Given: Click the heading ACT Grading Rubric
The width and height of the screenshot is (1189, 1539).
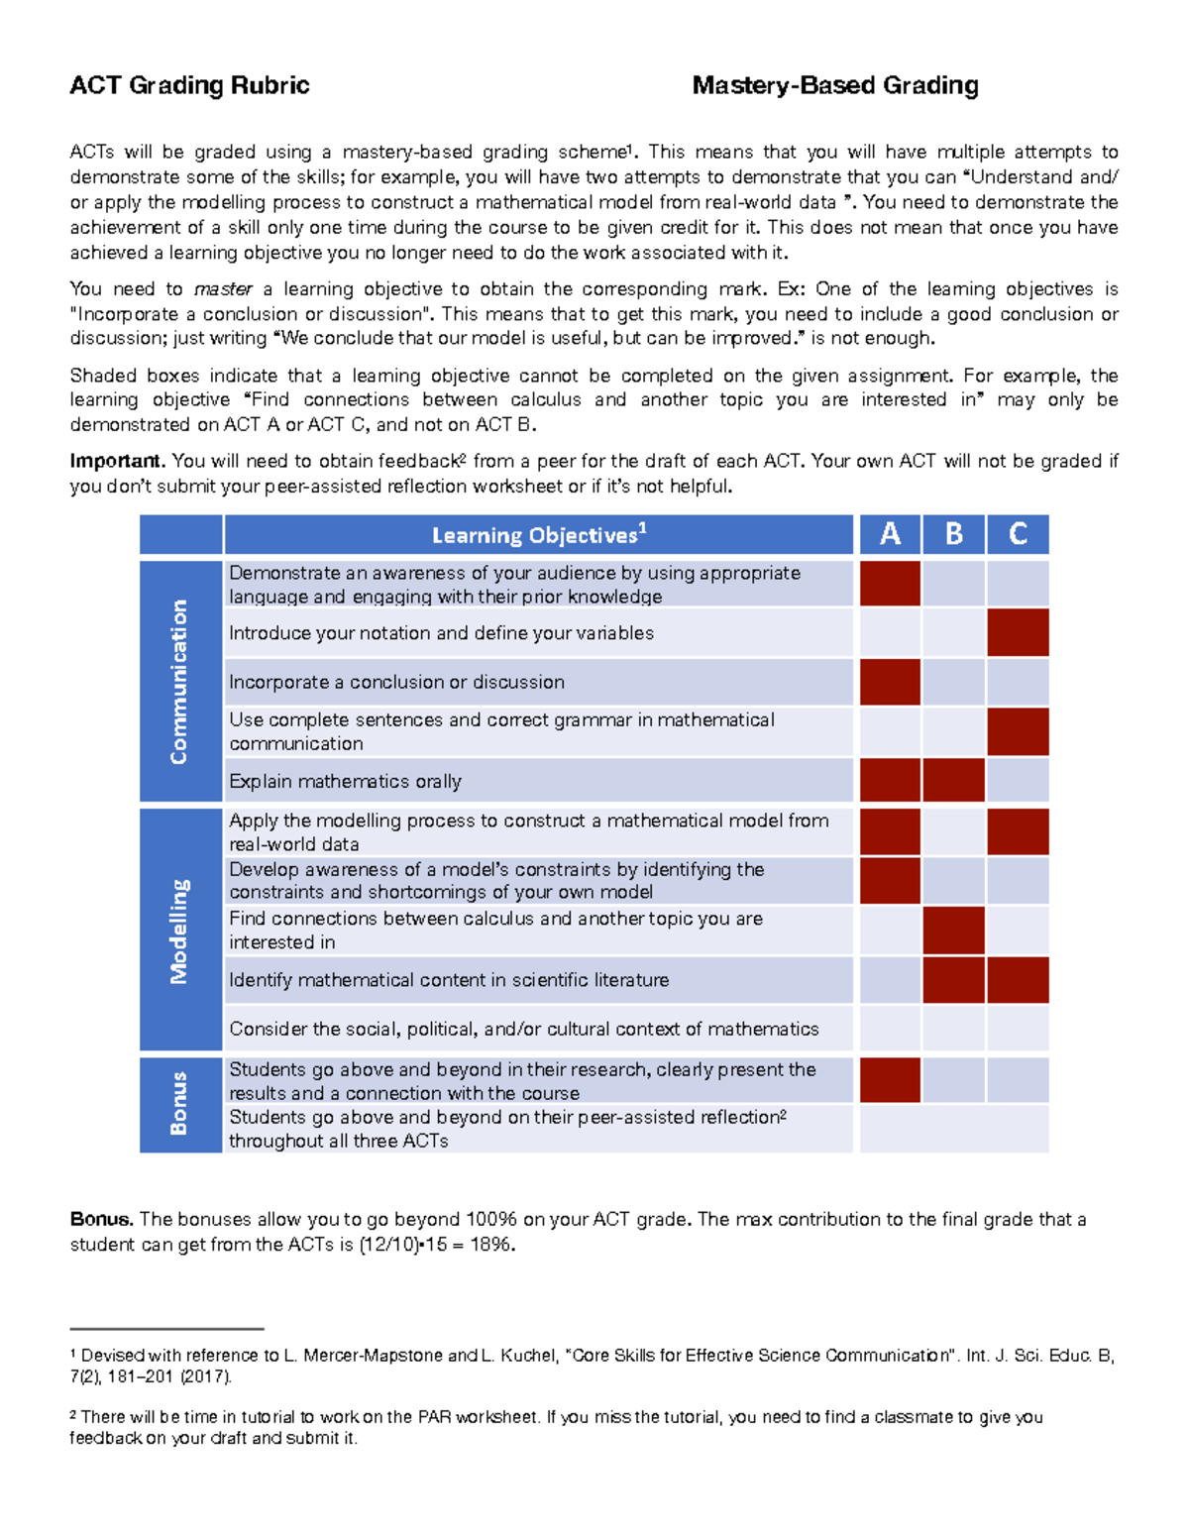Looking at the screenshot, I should tap(189, 86).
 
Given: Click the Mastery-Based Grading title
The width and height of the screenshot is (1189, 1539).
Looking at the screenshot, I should tap(835, 86).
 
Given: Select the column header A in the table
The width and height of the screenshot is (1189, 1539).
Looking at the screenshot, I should tap(890, 534).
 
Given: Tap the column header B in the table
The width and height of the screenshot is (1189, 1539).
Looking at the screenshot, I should tap(953, 534).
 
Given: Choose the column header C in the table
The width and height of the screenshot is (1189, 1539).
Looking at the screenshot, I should tap(1018, 534).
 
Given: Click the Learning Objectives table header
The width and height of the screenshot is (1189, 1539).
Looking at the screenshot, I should tap(538, 535).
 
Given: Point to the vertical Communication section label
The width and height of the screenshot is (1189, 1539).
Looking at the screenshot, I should tap(179, 682).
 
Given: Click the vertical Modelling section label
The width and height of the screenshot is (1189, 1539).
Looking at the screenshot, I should tap(179, 931).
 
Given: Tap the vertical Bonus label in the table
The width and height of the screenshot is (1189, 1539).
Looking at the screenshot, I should tap(179, 1103).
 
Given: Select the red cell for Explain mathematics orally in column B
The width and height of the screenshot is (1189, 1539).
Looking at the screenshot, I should tap(953, 781).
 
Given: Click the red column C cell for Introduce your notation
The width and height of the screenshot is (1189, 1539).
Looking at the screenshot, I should tap(1018, 633).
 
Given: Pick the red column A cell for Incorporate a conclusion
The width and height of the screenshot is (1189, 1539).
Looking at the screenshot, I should tap(890, 683).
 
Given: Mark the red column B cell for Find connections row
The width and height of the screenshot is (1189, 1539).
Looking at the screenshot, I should tap(953, 931).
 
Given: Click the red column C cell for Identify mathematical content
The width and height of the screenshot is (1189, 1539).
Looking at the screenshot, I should tap(1018, 980).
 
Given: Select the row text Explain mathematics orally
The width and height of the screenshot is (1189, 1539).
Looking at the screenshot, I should tap(345, 782).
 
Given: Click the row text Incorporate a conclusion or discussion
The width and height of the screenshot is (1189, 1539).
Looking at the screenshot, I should tap(396, 683).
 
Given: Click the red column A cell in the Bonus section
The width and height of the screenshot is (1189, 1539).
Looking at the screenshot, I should tap(890, 1080).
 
